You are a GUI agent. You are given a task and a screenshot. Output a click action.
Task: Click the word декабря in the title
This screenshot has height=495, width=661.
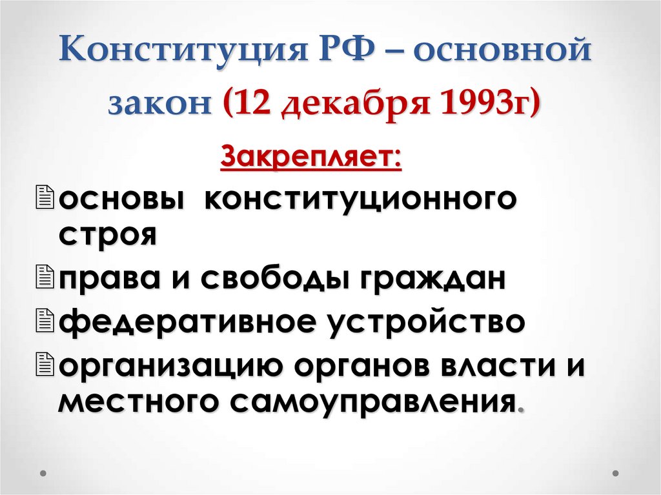pyautogui.click(x=351, y=105)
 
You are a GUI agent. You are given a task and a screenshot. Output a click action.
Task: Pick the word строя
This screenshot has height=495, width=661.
pyautogui.click(x=107, y=236)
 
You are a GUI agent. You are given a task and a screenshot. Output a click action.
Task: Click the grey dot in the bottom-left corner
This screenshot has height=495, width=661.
pyautogui.click(x=43, y=474)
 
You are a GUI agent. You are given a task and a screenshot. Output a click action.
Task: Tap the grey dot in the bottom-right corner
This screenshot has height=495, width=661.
pyautogui.click(x=618, y=474)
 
